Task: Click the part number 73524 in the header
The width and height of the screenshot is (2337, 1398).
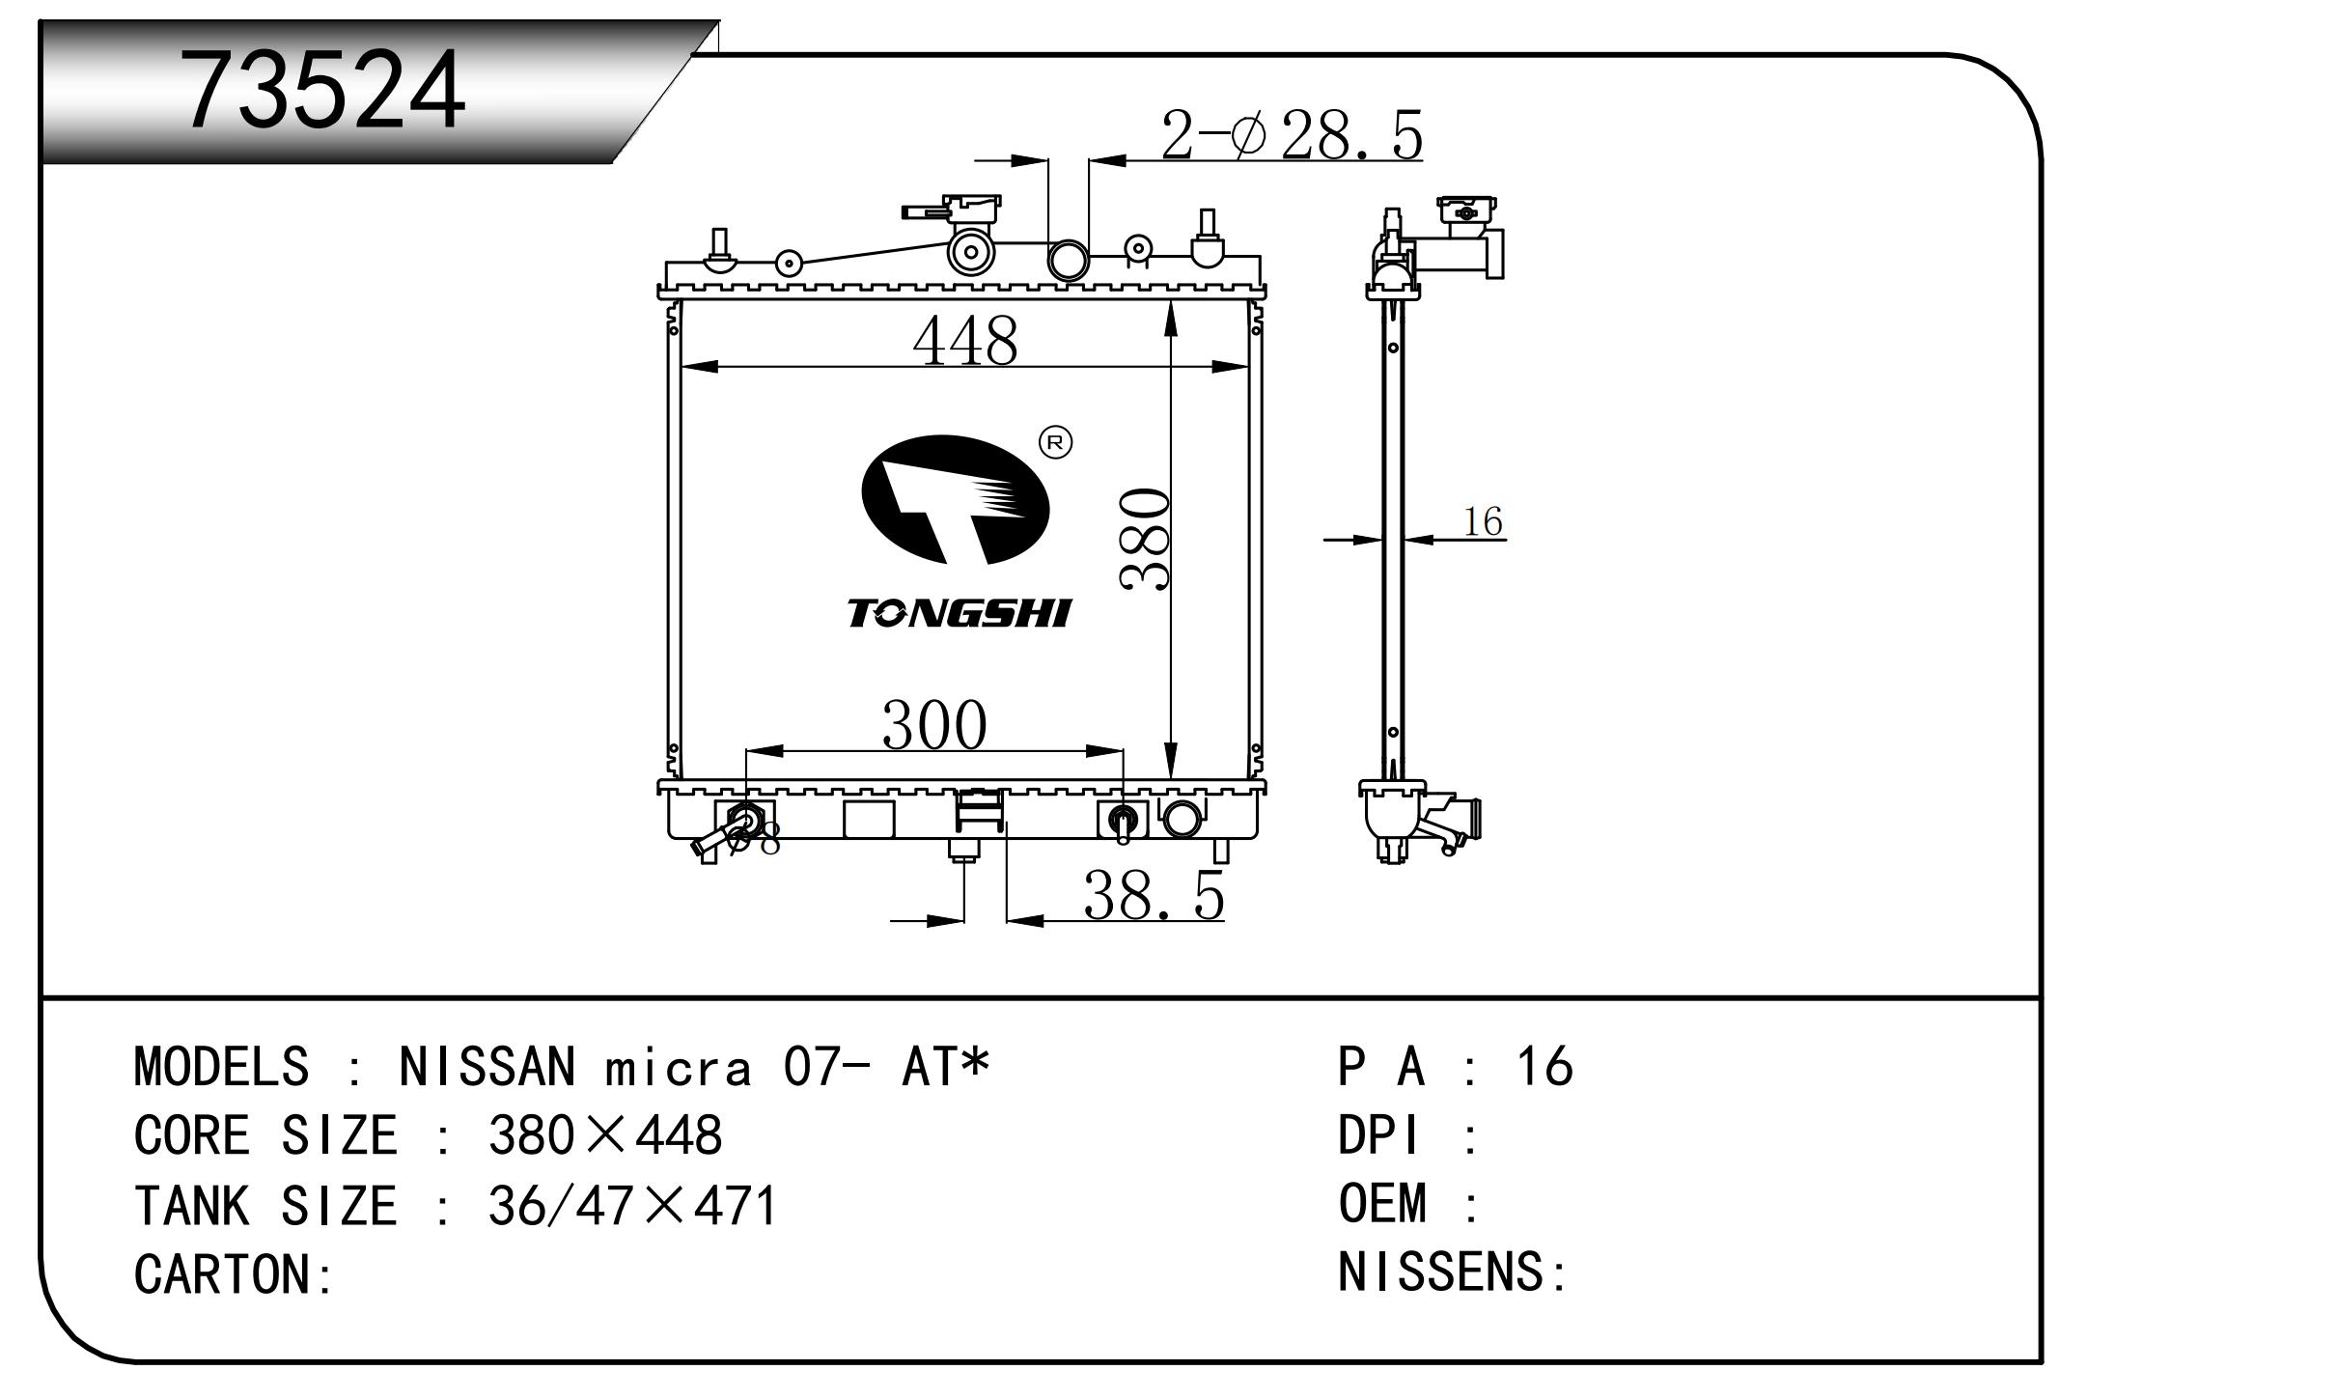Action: (324, 92)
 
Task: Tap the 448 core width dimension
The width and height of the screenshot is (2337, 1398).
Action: (964, 340)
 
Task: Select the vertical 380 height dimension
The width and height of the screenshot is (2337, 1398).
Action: (1146, 539)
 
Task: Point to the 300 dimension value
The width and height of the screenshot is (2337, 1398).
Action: (933, 725)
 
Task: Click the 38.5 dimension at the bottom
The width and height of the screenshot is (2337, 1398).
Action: (1153, 896)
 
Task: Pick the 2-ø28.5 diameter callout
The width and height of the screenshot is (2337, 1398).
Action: (1291, 135)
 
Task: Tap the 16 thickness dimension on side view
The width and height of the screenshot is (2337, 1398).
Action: (1483, 522)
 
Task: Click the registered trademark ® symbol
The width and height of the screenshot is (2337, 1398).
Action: (1055, 442)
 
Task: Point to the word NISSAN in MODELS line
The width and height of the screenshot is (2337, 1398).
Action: (487, 1067)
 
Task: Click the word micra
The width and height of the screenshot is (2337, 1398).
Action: (678, 1069)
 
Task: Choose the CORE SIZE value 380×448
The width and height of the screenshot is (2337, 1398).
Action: (605, 1135)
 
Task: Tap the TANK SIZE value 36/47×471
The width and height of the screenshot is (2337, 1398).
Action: (632, 1206)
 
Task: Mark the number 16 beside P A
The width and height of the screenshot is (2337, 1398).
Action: (1544, 1067)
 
